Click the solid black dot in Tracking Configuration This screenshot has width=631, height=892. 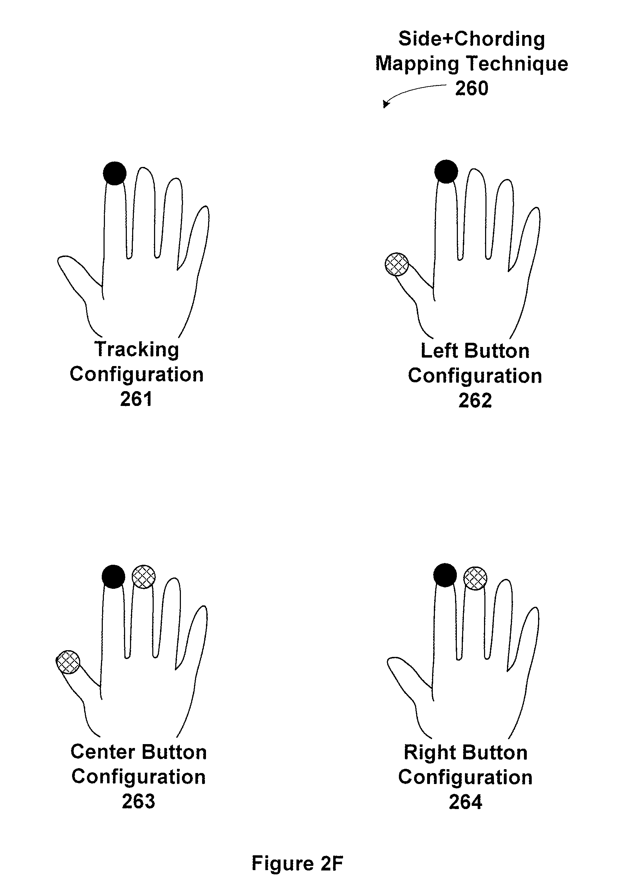click(115, 173)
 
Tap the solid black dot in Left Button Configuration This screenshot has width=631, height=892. click(446, 171)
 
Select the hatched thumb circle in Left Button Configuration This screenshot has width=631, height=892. click(396, 264)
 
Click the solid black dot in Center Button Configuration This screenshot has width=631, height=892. click(113, 576)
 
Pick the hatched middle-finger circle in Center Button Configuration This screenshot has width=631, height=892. click(144, 576)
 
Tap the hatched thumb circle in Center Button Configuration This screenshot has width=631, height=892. click(69, 661)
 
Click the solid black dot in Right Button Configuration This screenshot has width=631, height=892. click(445, 575)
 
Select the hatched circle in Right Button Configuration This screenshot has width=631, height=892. click(476, 578)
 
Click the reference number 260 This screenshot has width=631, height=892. click(472, 88)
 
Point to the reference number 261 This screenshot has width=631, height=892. click(136, 399)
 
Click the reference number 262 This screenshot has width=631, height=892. click(475, 401)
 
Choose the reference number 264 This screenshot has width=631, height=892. click(466, 802)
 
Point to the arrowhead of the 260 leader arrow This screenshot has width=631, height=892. click(385, 104)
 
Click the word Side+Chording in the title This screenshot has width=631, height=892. click(472, 39)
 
